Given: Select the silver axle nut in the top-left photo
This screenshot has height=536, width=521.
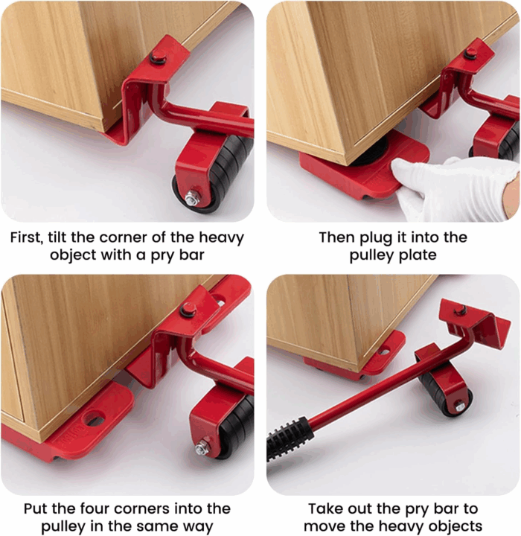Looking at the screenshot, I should click(191, 199).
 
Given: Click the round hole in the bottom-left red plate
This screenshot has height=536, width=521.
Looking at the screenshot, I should click(95, 420).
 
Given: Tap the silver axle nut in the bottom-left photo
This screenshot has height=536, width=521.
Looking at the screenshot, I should click(202, 447).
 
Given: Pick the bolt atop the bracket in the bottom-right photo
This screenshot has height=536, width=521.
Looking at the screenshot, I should click(461, 307).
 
